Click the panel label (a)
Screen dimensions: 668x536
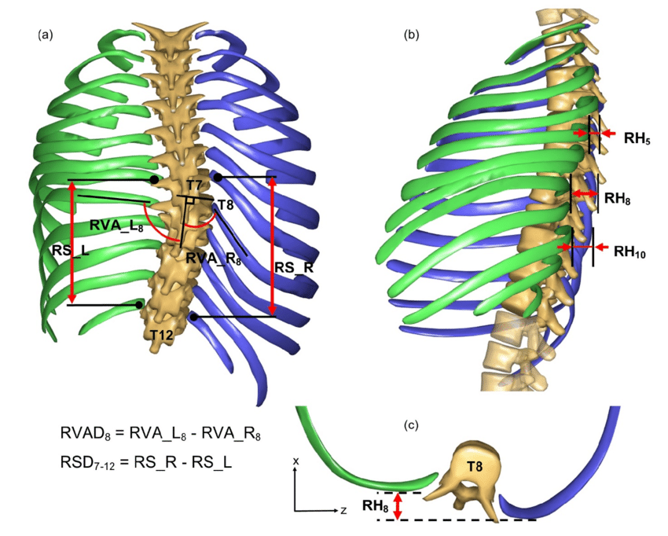coord(46,35)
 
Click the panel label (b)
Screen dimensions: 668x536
coord(411,35)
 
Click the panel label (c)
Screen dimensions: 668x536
coord(411,425)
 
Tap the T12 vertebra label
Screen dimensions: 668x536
coord(161,336)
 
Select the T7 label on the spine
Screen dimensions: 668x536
coord(194,185)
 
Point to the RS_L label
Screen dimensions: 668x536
coord(70,251)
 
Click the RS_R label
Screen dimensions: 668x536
coord(294,267)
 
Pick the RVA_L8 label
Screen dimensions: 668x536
coord(116,226)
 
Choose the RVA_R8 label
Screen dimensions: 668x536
coord(214,259)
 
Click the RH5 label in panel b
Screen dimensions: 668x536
coord(637,138)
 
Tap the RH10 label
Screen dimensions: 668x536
coord(629,251)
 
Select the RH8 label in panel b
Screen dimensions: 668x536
coord(617,198)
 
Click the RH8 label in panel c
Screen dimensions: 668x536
coord(375,506)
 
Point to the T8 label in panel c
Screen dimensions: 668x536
coord(475,467)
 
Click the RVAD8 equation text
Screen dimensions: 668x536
coord(160,434)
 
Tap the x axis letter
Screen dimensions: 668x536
coord(296,461)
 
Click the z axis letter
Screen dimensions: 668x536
coord(343,509)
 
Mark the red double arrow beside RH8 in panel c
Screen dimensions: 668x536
coord(398,506)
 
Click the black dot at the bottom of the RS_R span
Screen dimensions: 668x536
coord(193,317)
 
